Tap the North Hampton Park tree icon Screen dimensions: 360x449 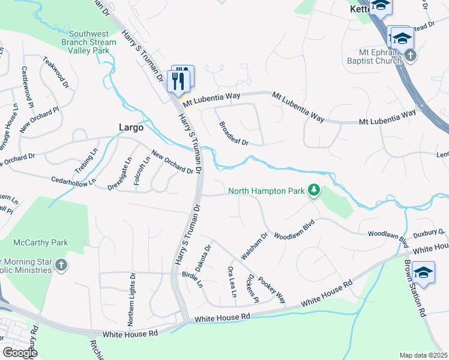tap(313, 191)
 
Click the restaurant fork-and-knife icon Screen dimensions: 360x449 tap(178, 80)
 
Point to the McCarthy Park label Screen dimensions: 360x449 tap(41, 242)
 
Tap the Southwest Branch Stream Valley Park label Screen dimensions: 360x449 tap(89, 42)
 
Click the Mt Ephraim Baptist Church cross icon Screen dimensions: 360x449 tap(411, 55)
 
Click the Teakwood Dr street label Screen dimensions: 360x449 tap(55, 73)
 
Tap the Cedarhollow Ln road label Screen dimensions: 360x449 tap(73, 180)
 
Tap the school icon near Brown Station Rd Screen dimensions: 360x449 tap(423, 273)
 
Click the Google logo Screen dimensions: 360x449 tap(20, 353)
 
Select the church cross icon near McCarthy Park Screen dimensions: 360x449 tap(61, 265)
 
